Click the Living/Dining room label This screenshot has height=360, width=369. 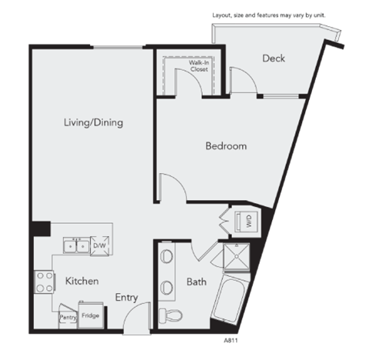point(94,122)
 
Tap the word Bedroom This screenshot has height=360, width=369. point(226,146)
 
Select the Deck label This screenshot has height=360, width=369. point(274,58)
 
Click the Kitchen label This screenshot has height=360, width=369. point(81,282)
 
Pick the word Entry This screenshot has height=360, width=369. point(126,297)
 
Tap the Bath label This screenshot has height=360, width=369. point(196,282)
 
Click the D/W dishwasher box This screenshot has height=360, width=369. point(99,245)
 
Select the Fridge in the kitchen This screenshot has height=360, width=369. point(89,315)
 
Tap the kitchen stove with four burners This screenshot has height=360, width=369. point(43,282)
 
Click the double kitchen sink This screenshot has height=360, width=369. point(76,245)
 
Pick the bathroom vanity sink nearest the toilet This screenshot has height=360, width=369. point(167,287)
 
